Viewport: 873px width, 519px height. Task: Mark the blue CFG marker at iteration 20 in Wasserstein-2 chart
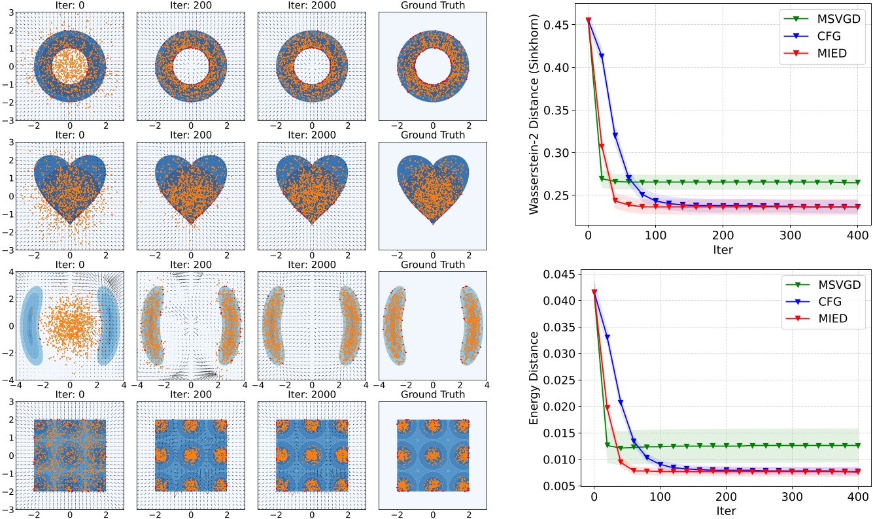(x=602, y=56)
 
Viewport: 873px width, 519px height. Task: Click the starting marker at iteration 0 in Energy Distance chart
(x=594, y=292)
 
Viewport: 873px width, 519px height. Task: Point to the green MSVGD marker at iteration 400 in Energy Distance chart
(x=858, y=446)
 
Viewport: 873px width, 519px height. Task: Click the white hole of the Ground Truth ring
(x=432, y=66)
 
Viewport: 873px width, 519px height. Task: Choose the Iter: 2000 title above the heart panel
(x=311, y=135)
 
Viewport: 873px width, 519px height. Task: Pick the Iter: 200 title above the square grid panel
(x=190, y=395)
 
